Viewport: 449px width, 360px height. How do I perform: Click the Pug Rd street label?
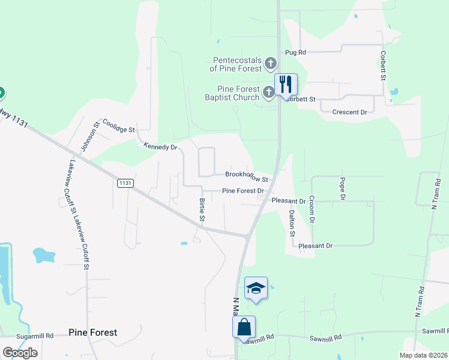pos(295,53)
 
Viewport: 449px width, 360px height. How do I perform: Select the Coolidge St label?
pos(118,125)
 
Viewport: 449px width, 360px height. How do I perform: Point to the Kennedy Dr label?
pos(161,146)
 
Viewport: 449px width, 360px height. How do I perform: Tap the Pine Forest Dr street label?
pos(243,191)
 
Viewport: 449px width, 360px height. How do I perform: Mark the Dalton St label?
pos(292,221)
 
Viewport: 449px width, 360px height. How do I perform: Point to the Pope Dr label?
pos(343,188)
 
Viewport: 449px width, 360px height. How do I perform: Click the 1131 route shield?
pos(125,183)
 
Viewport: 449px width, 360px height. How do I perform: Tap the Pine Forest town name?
pos(92,332)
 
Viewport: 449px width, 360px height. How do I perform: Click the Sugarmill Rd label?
pos(35,336)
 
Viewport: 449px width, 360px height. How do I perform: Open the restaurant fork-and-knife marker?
pos(286,84)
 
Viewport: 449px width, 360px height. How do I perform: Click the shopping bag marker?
pos(244,327)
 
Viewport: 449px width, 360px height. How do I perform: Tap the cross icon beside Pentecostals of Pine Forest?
pos(271,62)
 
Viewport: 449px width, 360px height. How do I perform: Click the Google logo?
pos(20,353)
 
